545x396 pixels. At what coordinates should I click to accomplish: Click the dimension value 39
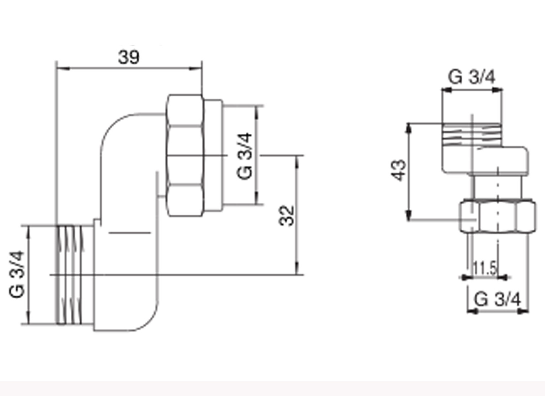(x=129, y=57)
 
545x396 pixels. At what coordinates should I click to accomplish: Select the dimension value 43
(x=398, y=170)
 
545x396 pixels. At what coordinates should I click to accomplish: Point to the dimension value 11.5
(x=485, y=268)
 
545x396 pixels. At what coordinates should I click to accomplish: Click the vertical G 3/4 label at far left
(x=17, y=274)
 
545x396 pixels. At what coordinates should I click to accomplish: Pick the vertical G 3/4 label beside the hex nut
(x=244, y=156)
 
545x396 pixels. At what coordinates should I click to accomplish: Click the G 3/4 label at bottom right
(x=497, y=300)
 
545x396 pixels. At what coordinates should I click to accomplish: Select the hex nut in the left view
(x=185, y=155)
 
